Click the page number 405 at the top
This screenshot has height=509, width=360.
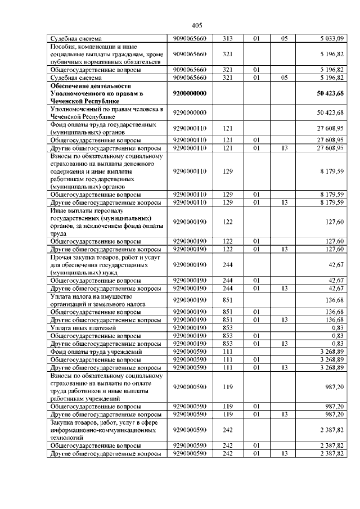point(196,25)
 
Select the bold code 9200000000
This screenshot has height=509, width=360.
point(191,93)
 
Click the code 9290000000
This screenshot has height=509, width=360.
point(191,112)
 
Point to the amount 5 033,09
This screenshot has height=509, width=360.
point(331,38)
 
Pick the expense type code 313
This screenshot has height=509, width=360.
point(228,38)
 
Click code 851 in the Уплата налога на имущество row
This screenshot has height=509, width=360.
point(228,300)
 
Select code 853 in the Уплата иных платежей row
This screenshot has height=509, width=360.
point(228,327)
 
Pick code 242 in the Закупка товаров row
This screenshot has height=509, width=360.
point(228,430)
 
